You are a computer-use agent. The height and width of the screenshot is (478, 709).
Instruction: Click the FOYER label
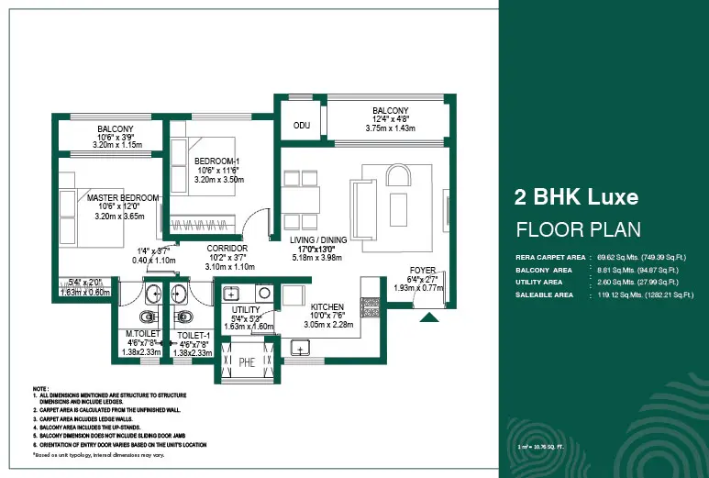pos(424,270)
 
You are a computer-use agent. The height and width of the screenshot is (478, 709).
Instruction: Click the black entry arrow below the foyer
pos(428,317)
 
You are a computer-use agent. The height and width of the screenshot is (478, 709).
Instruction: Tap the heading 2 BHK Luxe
pos(576,195)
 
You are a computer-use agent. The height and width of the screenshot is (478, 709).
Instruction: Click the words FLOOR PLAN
pos(578,228)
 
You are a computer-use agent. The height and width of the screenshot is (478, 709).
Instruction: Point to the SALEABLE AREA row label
pos(545,295)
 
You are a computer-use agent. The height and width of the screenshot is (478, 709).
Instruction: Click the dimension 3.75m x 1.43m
pos(390,129)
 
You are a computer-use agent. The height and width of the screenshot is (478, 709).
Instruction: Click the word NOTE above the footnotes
pos(40,388)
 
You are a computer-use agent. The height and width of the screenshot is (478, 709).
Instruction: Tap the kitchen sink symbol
pos(300,347)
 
